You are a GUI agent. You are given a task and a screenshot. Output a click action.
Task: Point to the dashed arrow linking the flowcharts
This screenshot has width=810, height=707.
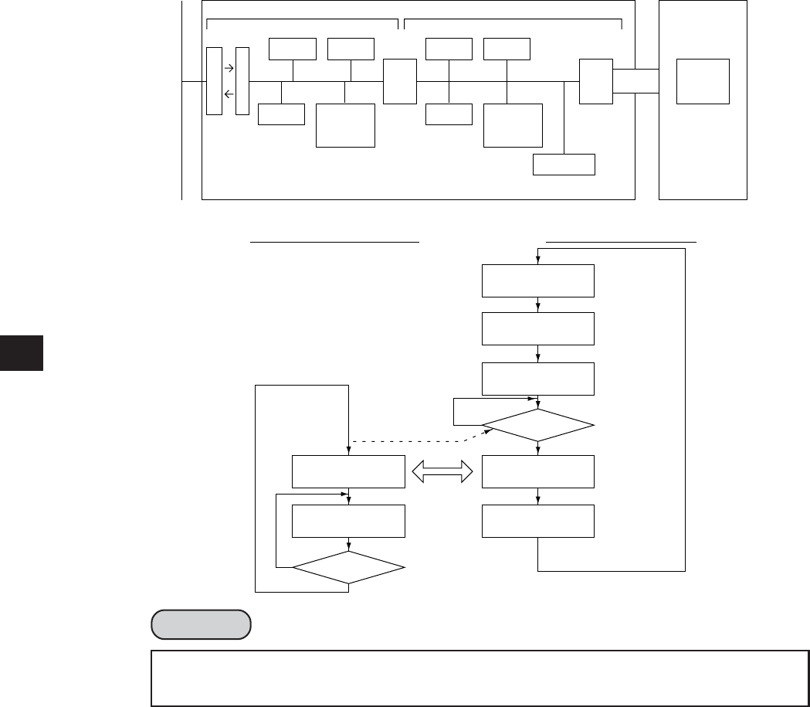[x=417, y=442]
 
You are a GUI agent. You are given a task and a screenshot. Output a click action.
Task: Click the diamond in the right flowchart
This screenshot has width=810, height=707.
[x=538, y=425]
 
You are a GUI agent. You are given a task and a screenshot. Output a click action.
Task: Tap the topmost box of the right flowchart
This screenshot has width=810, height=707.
[x=538, y=280]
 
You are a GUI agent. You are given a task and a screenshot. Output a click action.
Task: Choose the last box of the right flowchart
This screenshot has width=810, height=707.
[x=538, y=521]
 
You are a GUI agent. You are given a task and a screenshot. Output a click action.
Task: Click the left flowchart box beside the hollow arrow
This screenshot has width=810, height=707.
[x=349, y=471]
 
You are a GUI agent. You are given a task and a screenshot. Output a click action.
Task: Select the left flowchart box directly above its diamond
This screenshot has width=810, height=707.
[x=349, y=521]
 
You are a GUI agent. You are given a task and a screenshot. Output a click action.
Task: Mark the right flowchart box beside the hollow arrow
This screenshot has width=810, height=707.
[x=538, y=471]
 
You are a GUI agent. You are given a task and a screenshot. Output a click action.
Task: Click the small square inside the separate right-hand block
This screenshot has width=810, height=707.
[x=703, y=80]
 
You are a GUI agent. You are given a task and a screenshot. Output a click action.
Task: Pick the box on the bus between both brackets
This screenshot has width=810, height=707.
[x=400, y=80]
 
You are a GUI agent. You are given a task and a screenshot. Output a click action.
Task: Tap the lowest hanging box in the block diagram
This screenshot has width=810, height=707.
[x=564, y=165]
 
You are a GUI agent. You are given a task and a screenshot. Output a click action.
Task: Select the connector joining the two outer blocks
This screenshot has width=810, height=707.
[x=636, y=80]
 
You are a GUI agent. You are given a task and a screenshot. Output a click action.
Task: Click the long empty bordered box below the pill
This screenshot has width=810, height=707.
[x=480, y=668]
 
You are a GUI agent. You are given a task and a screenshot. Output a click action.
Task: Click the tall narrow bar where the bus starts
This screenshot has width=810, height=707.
[x=214, y=80]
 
